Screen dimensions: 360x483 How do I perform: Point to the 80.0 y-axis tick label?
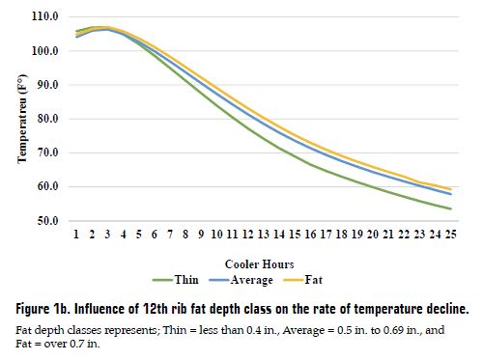click(44, 119)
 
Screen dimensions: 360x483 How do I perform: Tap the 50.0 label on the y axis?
click(44, 221)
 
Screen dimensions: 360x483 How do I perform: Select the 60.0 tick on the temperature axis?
click(44, 187)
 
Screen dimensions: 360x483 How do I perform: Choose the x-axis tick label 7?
click(170, 235)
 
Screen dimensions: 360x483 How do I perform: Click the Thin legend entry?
click(186, 280)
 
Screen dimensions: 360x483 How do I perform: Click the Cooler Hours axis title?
click(258, 263)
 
